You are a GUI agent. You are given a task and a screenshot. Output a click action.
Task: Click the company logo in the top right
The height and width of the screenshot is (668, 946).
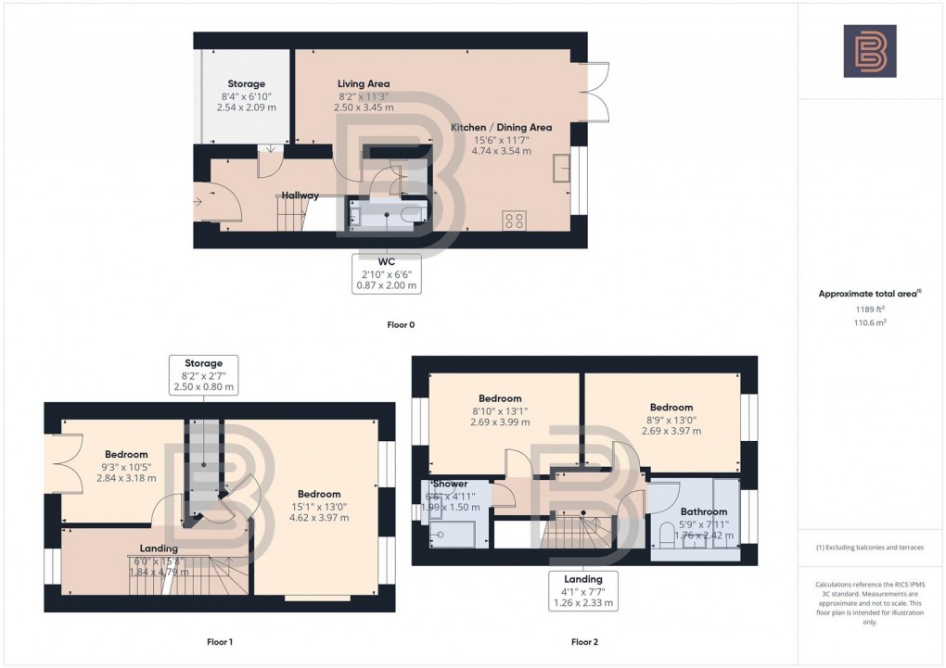pyautogui.click(x=869, y=51)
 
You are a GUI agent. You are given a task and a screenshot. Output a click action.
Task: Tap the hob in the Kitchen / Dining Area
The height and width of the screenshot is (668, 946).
pyautogui.click(x=514, y=221)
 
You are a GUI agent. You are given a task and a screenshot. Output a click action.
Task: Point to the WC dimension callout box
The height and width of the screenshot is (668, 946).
pyautogui.click(x=387, y=273)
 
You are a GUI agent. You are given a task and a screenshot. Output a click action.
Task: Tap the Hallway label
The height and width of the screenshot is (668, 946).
pyautogui.click(x=300, y=195)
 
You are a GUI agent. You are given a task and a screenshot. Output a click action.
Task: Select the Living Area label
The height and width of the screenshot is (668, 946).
pyautogui.click(x=364, y=83)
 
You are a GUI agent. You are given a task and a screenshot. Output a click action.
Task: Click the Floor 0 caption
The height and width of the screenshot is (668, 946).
pyautogui.click(x=401, y=325)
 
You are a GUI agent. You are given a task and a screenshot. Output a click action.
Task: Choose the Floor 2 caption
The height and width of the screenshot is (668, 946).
pyautogui.click(x=584, y=641)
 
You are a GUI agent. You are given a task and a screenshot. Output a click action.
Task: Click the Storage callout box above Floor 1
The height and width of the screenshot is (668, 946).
pyautogui.click(x=203, y=375)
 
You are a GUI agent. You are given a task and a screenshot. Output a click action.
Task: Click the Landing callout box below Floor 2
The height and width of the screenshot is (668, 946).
pyautogui.click(x=583, y=591)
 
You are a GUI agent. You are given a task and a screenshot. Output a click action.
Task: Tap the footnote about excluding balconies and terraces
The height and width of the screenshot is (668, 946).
pyautogui.click(x=869, y=548)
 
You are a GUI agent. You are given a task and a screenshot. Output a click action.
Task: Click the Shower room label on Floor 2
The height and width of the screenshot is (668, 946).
pyautogui.click(x=448, y=484)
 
